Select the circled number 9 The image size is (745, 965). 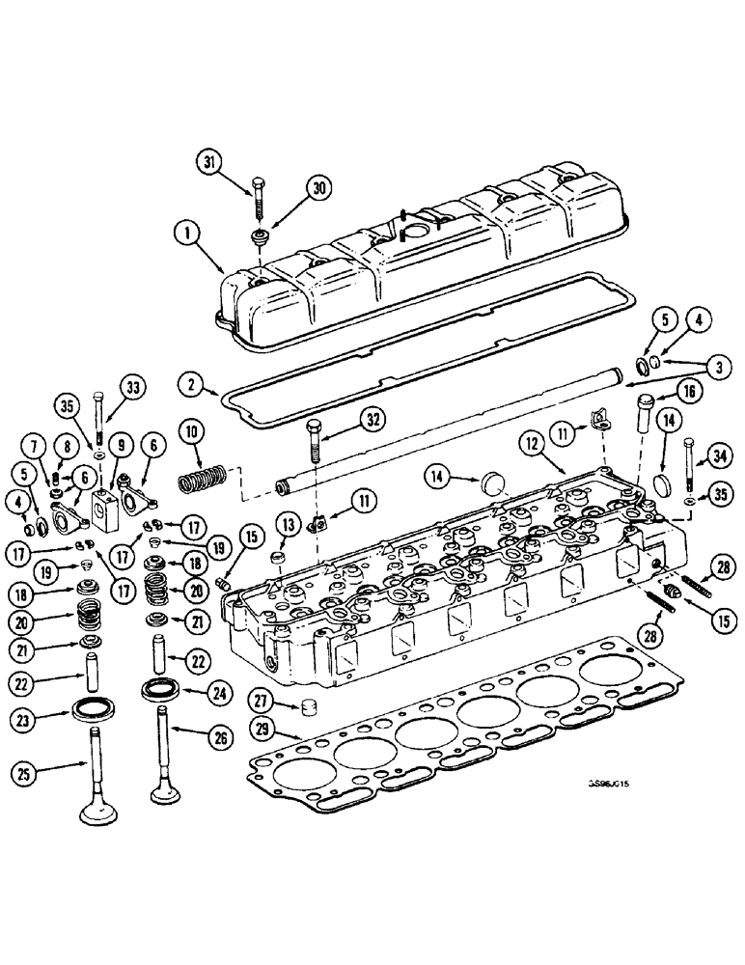point(122,446)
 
